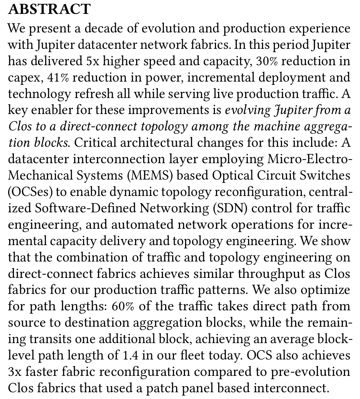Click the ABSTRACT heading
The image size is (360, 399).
tap(49, 10)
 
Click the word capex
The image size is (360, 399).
tap(22, 78)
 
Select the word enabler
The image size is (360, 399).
tap(47, 110)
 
